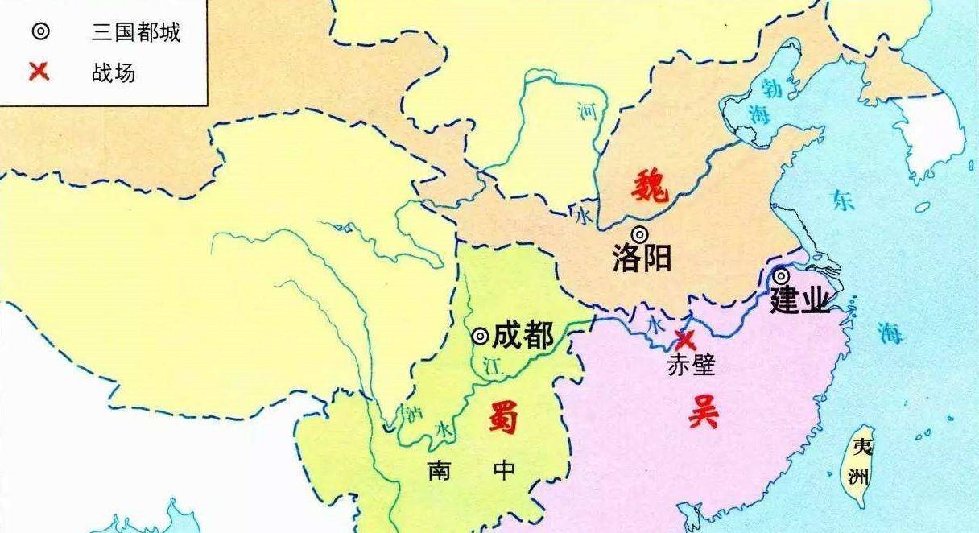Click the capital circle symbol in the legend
(39, 32)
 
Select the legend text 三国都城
(136, 32)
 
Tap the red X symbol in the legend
(39, 72)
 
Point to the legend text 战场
(114, 73)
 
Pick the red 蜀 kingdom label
(503, 418)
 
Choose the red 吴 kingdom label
(702, 413)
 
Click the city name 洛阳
(642, 259)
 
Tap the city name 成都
(523, 336)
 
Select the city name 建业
(799, 301)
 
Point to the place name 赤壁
(691, 366)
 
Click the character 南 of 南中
(439, 470)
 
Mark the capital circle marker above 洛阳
(639, 235)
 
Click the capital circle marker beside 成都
(480, 336)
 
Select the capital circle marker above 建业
(781, 276)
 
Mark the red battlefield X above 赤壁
(685, 339)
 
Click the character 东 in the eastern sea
(843, 200)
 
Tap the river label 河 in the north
(589, 112)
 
